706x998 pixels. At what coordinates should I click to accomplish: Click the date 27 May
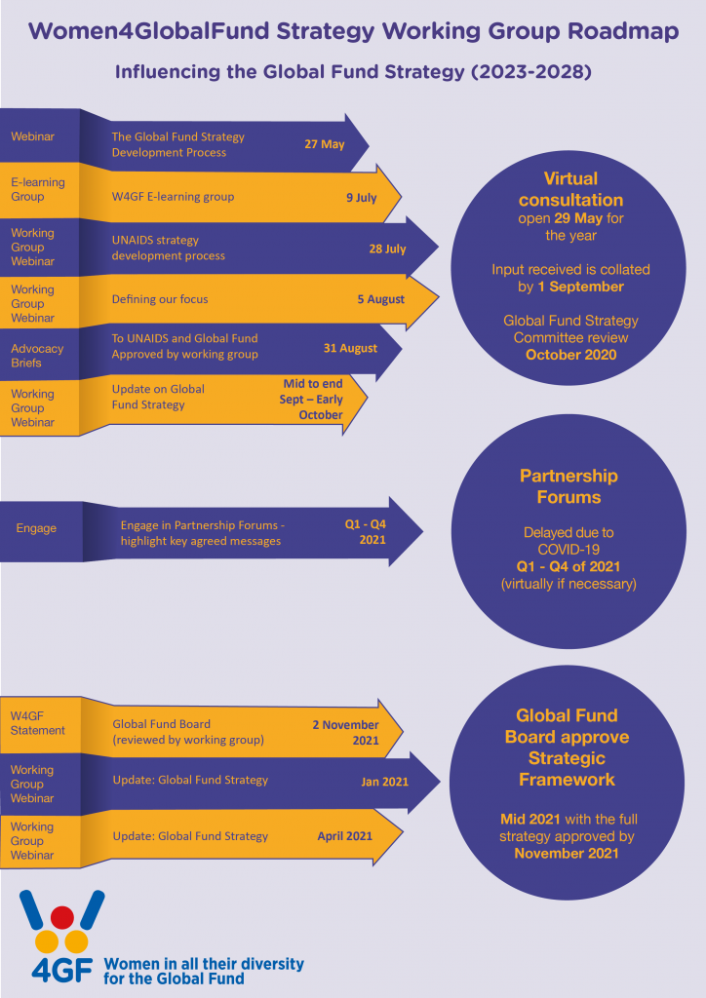[x=325, y=144]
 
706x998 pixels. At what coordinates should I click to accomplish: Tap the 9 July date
[x=361, y=197]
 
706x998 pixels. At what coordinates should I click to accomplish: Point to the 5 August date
[x=380, y=299]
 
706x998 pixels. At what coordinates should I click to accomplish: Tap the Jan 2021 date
[x=384, y=781]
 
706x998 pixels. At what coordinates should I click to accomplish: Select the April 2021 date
[x=344, y=836]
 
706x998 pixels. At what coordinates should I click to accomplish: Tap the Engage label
[x=36, y=528]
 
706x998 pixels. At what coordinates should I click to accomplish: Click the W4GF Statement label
[x=37, y=723]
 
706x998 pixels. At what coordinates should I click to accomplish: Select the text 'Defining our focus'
[x=159, y=299]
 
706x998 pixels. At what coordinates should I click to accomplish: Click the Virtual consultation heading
[x=570, y=189]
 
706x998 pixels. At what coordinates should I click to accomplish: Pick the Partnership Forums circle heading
[x=568, y=486]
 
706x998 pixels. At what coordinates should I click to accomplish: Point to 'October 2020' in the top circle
[x=570, y=354]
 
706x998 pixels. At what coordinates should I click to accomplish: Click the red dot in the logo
[x=61, y=917]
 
